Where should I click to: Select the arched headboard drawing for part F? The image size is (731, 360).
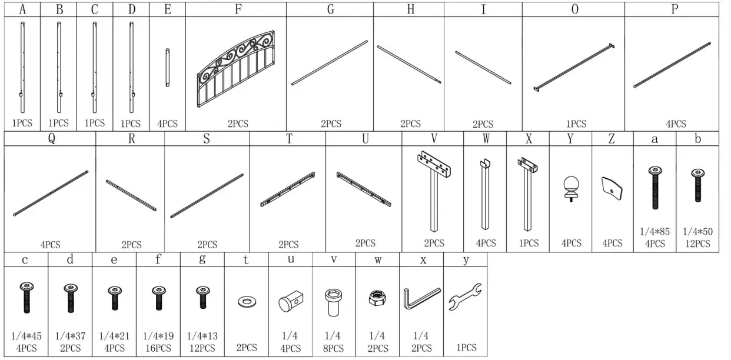click(x=237, y=69)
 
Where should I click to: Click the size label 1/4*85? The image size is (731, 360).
click(x=654, y=232)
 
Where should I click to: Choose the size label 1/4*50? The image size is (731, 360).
click(x=697, y=232)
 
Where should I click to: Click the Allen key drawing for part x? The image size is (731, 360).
click(x=421, y=298)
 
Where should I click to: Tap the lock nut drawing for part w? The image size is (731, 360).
click(x=377, y=299)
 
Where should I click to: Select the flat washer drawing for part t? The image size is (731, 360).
click(x=246, y=302)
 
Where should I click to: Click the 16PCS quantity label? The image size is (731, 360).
click(x=158, y=348)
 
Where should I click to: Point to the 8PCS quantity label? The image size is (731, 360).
click(x=334, y=348)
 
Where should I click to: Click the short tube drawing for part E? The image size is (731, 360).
click(x=168, y=68)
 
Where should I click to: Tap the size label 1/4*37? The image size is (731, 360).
click(x=70, y=336)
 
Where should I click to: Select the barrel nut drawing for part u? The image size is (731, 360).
click(x=290, y=302)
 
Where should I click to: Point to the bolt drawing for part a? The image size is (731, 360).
click(x=654, y=188)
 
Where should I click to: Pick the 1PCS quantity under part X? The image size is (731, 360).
click(x=529, y=243)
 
